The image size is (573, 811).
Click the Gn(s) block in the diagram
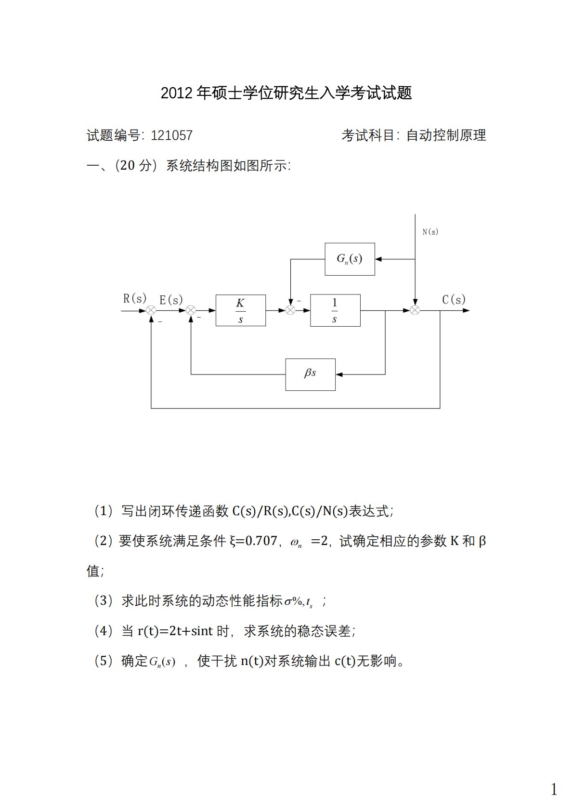click(350, 259)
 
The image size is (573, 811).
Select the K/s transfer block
click(240, 310)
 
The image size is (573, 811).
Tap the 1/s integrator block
click(335, 310)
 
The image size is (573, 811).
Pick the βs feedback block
click(310, 374)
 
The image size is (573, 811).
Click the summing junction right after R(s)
click(151, 310)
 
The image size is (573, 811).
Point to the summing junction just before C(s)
click(415, 310)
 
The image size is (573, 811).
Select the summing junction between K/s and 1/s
click(290, 310)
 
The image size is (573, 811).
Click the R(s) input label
click(134, 299)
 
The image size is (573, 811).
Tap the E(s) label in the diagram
click(171, 300)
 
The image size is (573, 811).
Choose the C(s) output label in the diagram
click(454, 300)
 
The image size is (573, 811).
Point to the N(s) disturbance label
click(430, 232)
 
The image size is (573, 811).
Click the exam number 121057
click(171, 135)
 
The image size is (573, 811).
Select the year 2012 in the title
click(176, 93)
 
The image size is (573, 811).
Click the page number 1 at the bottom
click(554, 789)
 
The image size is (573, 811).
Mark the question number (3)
click(104, 601)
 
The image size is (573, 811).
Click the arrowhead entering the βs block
click(339, 374)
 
